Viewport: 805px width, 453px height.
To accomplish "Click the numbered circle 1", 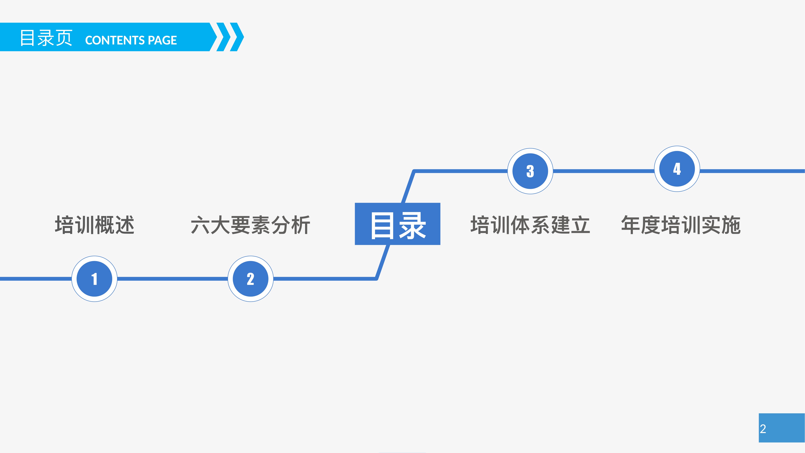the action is [94, 279].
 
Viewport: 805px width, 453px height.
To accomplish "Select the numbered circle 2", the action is [251, 279].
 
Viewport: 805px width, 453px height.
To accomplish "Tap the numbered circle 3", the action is [530, 171].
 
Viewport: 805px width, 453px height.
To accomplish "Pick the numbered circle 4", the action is [677, 169].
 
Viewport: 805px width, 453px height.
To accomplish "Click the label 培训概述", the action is [95, 225].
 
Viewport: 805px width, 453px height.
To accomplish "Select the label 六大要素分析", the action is [251, 225].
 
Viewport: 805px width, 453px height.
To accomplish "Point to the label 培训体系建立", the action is [530, 225].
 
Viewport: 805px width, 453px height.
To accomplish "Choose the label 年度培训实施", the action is [681, 225].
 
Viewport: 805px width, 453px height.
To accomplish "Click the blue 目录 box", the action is [398, 224].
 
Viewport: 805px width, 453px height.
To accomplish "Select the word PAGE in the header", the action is [162, 40].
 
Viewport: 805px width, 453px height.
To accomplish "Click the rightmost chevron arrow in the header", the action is [237, 37].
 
